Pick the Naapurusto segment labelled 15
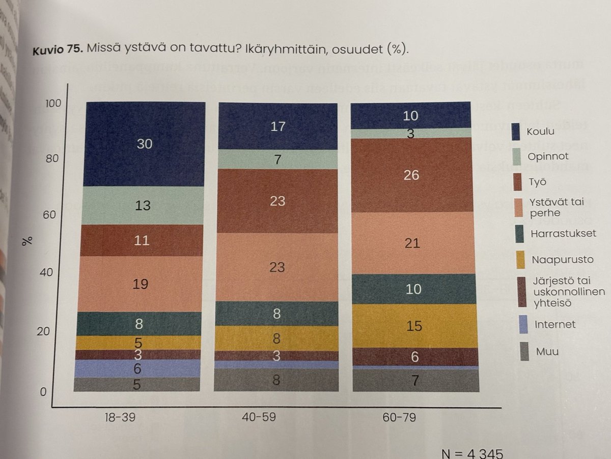414,326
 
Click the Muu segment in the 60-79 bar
415,380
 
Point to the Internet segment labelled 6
137,368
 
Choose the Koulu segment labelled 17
277,126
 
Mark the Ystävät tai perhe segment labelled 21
412,243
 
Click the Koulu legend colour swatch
518,132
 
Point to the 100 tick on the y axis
52,104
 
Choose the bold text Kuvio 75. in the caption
56,51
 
